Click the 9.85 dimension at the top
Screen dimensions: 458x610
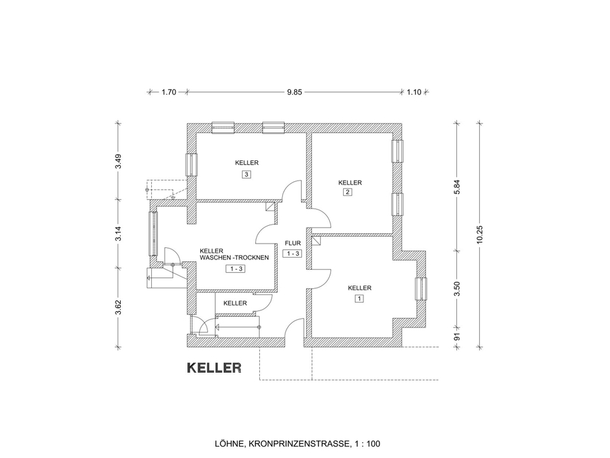pos(294,92)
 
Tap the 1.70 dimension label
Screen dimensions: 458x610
pos(168,92)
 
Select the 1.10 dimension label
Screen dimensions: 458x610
pos(414,92)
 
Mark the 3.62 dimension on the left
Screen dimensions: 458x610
pos(118,307)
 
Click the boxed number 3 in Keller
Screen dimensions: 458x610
pos(246,174)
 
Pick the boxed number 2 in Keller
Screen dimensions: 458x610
pos(348,192)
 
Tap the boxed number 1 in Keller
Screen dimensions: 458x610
pos(359,298)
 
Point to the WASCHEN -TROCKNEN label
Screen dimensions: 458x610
pos(234,258)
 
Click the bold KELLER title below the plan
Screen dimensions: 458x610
pos(213,368)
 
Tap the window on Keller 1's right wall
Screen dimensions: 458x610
pos(419,289)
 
